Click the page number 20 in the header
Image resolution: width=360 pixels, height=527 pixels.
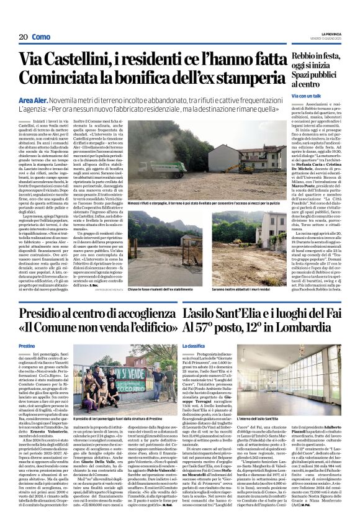click(24, 37)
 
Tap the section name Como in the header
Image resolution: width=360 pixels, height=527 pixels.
click(41, 37)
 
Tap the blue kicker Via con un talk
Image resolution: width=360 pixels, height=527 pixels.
click(307, 96)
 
